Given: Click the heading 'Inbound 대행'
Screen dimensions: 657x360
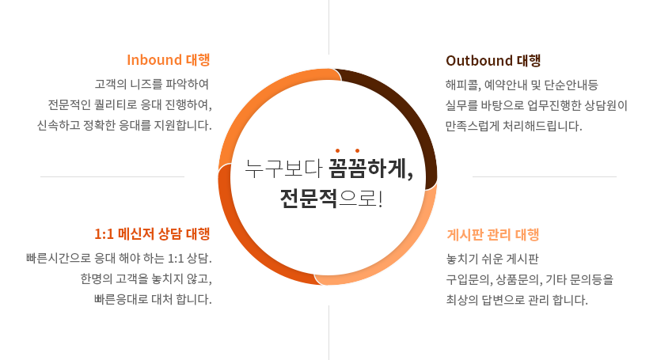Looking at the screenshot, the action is click(169, 60).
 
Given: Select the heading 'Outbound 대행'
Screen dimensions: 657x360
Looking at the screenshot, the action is click(493, 61).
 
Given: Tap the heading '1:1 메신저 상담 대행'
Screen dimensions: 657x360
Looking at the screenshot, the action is click(152, 234).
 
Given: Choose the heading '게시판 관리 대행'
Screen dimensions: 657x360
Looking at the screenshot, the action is click(492, 235).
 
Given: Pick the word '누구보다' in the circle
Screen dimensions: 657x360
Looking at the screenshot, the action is click(283, 169).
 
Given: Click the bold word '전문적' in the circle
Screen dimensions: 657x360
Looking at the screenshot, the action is click(309, 199).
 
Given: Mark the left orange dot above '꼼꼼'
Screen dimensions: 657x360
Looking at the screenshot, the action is click(338, 150).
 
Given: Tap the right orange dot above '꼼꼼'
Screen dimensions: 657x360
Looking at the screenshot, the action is click(358, 150).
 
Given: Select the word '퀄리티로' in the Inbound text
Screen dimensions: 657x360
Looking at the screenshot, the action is click(116, 104).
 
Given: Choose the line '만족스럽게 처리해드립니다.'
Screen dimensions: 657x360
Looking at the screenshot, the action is click(514, 126).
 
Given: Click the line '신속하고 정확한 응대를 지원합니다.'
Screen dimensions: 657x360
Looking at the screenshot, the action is click(124, 125).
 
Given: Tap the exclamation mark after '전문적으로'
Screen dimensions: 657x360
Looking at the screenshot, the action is click(380, 199).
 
